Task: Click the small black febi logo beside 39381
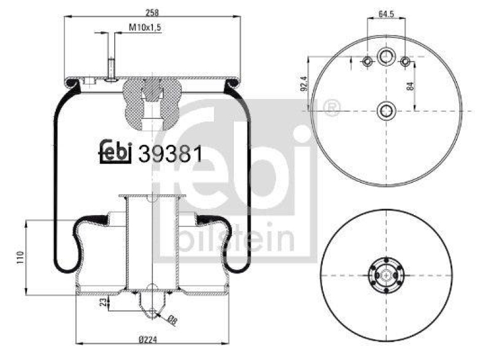[115, 152]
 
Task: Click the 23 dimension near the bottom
[102, 302]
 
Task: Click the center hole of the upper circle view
[385, 111]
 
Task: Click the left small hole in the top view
[366, 62]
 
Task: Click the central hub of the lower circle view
[385, 276]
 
